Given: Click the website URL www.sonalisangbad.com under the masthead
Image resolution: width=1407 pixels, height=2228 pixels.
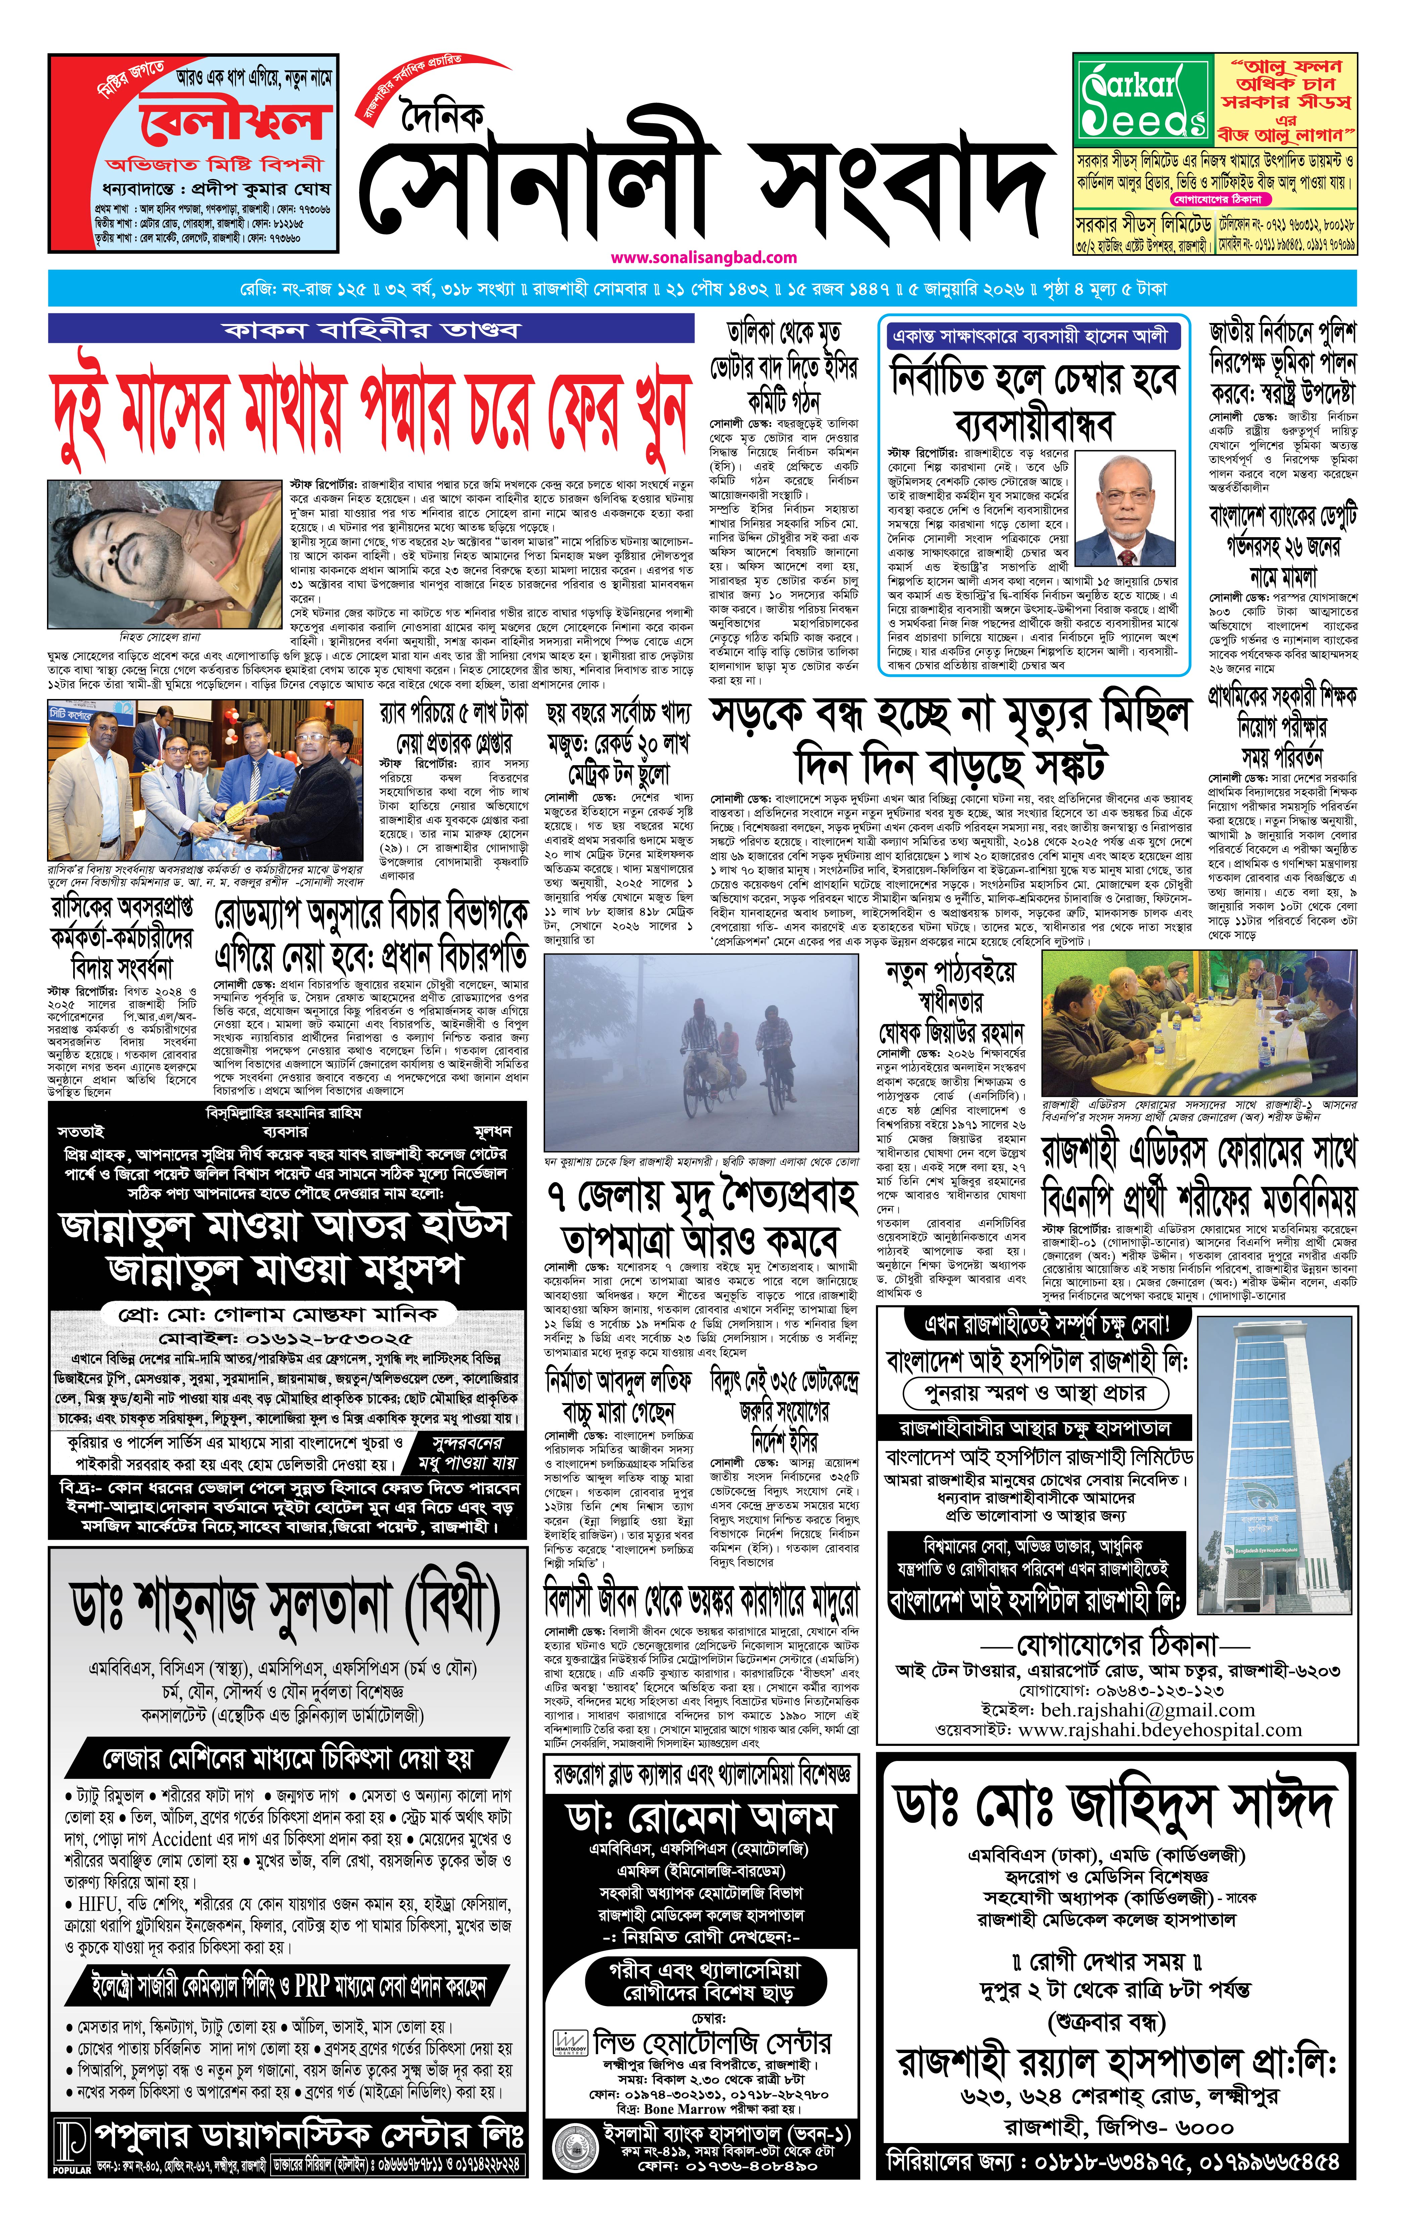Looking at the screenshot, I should tap(703, 257).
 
